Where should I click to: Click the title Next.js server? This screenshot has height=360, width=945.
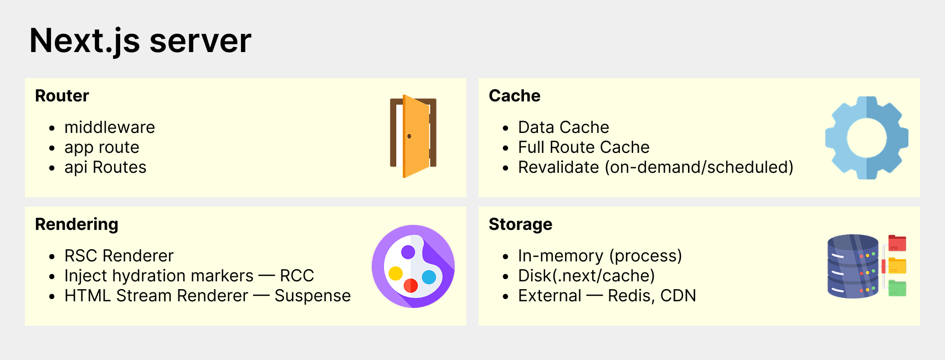[140, 41]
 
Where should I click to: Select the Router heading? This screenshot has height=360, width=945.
[62, 96]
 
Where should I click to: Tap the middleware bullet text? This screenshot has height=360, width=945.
[110, 127]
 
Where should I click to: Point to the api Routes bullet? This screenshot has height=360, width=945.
[105, 167]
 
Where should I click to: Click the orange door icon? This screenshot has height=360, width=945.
[413, 136]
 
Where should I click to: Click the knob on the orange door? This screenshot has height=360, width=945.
[409, 136]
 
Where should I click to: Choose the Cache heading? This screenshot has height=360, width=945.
[514, 96]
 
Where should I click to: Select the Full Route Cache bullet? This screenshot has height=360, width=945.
[583, 147]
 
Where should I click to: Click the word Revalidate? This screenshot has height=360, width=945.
[558, 167]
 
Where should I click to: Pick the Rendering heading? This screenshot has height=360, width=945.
[76, 224]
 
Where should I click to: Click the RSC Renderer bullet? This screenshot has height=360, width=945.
[119, 256]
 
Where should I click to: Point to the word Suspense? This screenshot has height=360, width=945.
[312, 296]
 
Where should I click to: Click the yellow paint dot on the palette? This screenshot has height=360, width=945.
[396, 274]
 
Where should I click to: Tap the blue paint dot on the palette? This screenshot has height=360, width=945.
[429, 277]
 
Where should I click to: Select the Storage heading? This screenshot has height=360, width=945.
[520, 224]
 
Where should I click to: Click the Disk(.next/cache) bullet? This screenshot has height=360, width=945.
[587, 276]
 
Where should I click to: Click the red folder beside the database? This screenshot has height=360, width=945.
[897, 243]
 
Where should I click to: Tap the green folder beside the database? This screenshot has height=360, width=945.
[897, 288]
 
